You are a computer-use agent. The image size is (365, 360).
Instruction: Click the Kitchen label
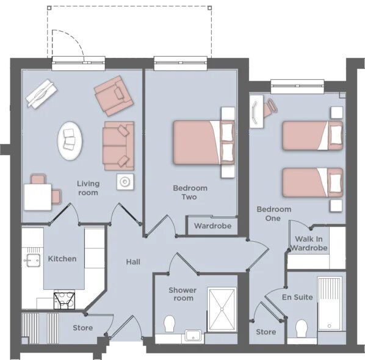(x=62, y=259)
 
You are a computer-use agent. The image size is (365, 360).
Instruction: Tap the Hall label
(x=133, y=262)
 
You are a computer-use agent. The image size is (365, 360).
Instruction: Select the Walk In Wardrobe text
(x=309, y=243)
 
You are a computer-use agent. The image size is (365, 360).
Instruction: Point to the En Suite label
(x=297, y=297)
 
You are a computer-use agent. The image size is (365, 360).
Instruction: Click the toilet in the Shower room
(x=169, y=323)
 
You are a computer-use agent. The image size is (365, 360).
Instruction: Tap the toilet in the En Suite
(x=302, y=328)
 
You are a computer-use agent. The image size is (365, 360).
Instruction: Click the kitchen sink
(x=32, y=260)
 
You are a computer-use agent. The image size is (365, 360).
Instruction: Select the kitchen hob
(x=65, y=300)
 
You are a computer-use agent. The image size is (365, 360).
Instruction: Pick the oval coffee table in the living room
(x=70, y=141)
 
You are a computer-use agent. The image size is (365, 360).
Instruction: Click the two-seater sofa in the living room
(x=118, y=146)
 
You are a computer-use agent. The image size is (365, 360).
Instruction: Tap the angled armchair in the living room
(x=114, y=96)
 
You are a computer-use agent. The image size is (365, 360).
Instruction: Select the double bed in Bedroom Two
(x=204, y=142)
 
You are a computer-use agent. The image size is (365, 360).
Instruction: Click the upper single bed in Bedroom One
(x=313, y=135)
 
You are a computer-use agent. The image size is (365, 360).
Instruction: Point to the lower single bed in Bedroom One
(x=313, y=182)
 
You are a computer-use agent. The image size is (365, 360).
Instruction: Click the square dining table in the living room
(x=38, y=197)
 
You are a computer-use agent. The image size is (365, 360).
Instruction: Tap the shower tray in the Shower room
(x=222, y=309)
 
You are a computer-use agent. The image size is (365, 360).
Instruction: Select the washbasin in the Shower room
(x=193, y=336)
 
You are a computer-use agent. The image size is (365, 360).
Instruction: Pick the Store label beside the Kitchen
(x=83, y=328)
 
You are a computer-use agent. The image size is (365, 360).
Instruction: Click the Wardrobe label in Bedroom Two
(x=213, y=226)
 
